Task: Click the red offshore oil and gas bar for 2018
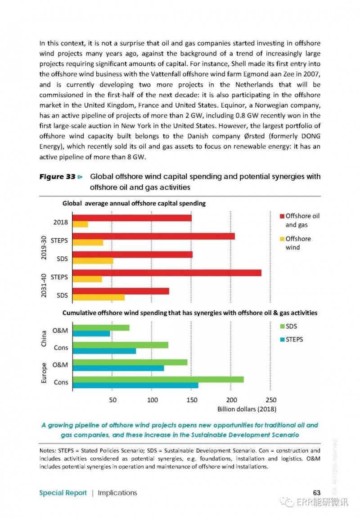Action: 132,218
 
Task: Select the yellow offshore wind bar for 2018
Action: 80,224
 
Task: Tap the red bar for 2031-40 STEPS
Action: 167,273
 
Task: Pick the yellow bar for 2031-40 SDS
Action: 99,297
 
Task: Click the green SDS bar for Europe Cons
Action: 158,380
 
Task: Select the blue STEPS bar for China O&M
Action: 91,334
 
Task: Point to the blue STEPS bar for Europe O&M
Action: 118,368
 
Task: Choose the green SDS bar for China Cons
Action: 121,345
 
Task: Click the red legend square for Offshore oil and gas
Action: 282,216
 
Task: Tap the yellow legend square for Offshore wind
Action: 282,239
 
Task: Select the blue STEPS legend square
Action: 282,340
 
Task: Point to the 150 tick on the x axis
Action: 192,400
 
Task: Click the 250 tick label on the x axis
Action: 271,400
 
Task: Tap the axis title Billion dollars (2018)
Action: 247,409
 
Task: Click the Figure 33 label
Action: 58,177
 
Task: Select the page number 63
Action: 317,493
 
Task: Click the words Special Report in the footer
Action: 63,493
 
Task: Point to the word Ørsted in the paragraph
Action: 254,136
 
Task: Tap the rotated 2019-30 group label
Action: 44,248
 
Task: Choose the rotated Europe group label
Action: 44,373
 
